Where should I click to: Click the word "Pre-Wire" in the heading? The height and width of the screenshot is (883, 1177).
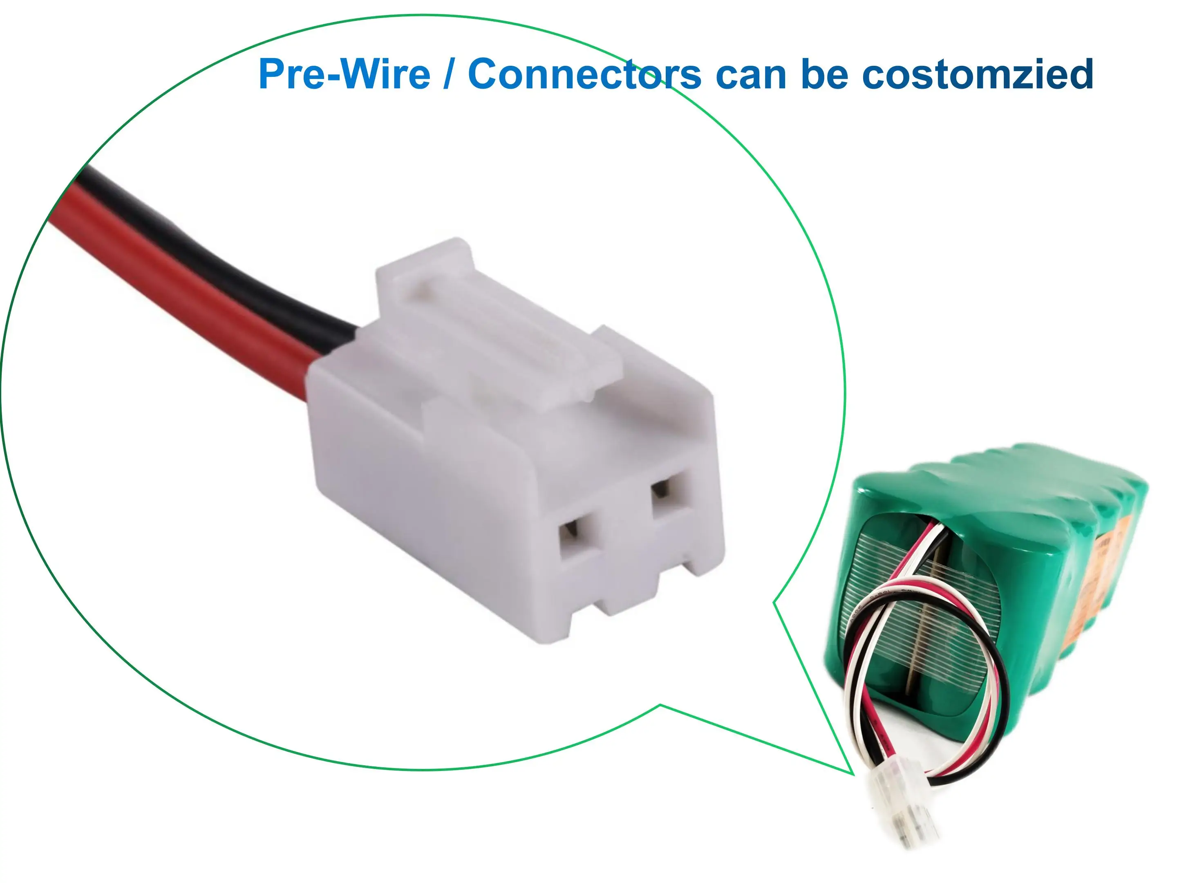click(x=344, y=74)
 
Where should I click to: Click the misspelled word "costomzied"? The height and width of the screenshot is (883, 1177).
click(x=978, y=74)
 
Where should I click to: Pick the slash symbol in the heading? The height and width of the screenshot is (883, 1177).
click(x=449, y=74)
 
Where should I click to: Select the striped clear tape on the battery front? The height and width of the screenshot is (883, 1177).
click(x=915, y=601)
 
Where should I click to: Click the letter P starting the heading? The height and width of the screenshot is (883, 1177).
click(x=271, y=74)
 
